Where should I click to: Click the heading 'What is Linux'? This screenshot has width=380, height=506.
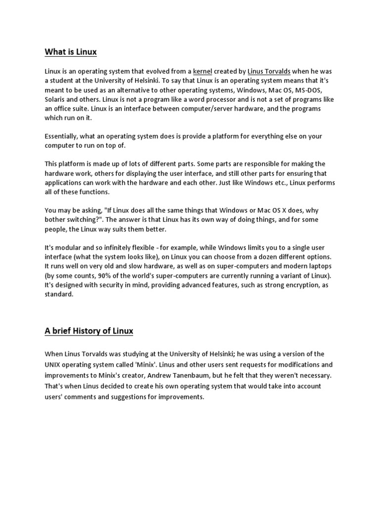click(71, 51)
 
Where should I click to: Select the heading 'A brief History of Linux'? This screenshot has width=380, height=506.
click(89, 331)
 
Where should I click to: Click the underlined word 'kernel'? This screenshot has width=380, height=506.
click(202, 71)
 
